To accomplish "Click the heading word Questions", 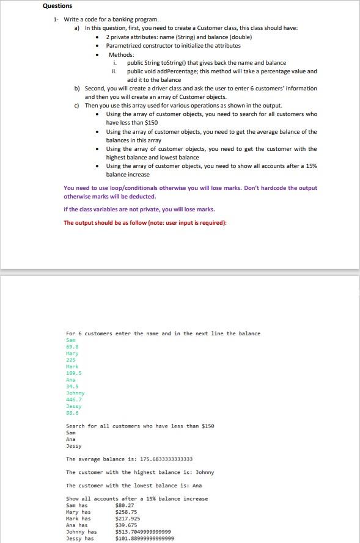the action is (57, 6).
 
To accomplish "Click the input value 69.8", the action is (71, 346).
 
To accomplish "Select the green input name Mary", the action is (72, 353).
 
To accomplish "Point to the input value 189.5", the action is (73, 373).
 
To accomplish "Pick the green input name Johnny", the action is (75, 393).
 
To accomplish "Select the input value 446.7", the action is (73, 399).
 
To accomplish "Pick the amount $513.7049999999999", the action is (142, 532).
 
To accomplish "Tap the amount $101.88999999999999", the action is (144, 539).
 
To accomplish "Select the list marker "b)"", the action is (77, 89).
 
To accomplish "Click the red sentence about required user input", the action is (145, 222).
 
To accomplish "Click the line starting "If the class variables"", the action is (139, 210).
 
